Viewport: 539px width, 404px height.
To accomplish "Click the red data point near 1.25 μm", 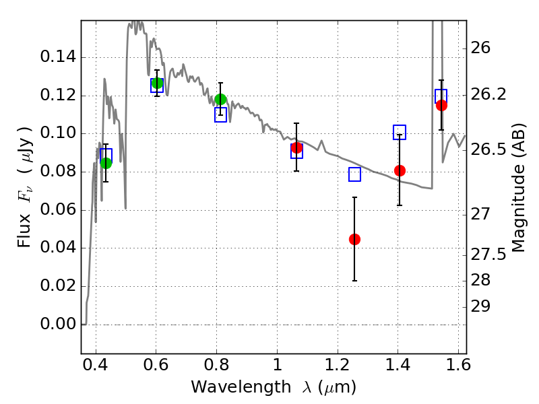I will point(354,239).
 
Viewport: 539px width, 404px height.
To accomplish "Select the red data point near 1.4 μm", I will point(400,170).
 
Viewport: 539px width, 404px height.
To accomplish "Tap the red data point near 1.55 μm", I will point(441,105).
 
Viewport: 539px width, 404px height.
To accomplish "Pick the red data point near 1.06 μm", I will point(296,147).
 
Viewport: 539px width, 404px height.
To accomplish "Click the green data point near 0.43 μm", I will point(106,163).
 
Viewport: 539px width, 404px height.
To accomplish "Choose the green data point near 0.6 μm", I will point(157,83).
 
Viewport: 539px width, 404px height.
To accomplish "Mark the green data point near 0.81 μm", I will point(220,100).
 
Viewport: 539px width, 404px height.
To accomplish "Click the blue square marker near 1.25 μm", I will point(354,174).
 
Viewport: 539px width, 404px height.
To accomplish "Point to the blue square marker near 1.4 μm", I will point(400,132).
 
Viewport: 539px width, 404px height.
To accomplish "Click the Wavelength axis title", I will point(273,387).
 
